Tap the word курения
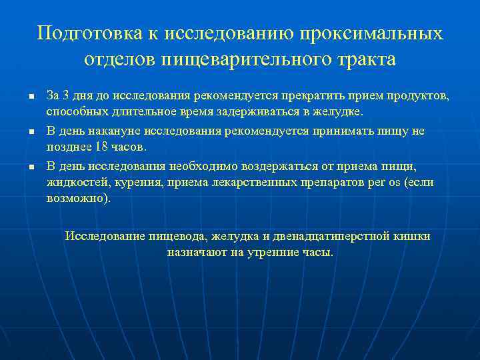coord(127,182)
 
